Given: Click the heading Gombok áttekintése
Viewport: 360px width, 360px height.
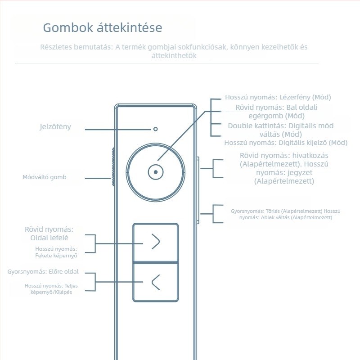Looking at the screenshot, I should click(x=103, y=28).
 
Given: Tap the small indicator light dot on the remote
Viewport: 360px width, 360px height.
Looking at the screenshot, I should click(x=155, y=129).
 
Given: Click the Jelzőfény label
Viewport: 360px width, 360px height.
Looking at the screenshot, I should click(x=55, y=127).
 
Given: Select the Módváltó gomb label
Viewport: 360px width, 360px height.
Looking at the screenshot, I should click(x=45, y=177).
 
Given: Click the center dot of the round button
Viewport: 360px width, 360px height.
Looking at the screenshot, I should click(x=155, y=172).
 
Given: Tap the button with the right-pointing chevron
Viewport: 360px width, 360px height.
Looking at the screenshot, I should click(x=155, y=242).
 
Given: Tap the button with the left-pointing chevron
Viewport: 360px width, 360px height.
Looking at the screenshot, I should click(x=155, y=282).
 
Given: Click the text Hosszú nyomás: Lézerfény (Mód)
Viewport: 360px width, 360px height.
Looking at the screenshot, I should click(x=281, y=97).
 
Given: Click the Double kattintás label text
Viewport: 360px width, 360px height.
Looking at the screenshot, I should click(x=281, y=130).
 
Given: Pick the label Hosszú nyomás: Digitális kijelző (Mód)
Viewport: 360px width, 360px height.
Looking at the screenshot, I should click(x=286, y=143).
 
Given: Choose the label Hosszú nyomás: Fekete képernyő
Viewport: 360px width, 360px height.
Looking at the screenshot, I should click(x=56, y=252).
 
